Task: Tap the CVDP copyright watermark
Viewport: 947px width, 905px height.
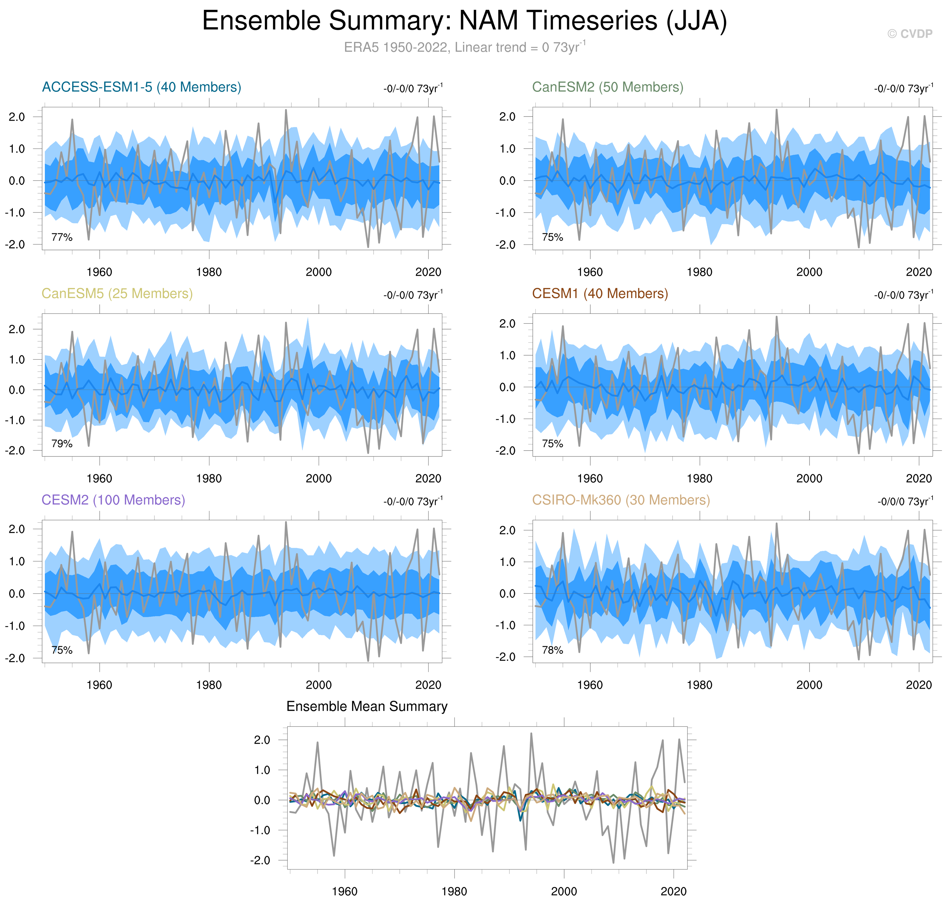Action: coord(909,34)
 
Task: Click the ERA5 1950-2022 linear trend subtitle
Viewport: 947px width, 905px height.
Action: coord(465,47)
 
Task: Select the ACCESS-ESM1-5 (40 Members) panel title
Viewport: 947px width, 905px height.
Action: coord(141,87)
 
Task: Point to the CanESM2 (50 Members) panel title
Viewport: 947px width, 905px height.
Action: coord(607,87)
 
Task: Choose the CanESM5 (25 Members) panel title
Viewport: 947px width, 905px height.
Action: coord(117,294)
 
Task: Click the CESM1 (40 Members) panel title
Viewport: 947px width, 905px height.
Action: coord(600,294)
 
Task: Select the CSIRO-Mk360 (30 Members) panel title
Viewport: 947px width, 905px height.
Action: coord(621,500)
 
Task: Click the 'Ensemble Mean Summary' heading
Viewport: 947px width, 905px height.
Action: coord(367,707)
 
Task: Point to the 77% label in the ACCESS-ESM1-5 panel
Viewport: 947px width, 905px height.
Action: coord(62,237)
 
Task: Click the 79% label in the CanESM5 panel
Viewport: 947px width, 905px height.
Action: coord(62,444)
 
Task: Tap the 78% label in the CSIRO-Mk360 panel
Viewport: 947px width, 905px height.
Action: coord(552,650)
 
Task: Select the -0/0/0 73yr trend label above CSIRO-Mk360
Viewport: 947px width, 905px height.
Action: coord(905,502)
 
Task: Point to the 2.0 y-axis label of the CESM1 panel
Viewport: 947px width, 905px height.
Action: coord(507,324)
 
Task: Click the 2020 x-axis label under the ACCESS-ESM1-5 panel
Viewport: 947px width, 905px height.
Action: coord(428,272)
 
